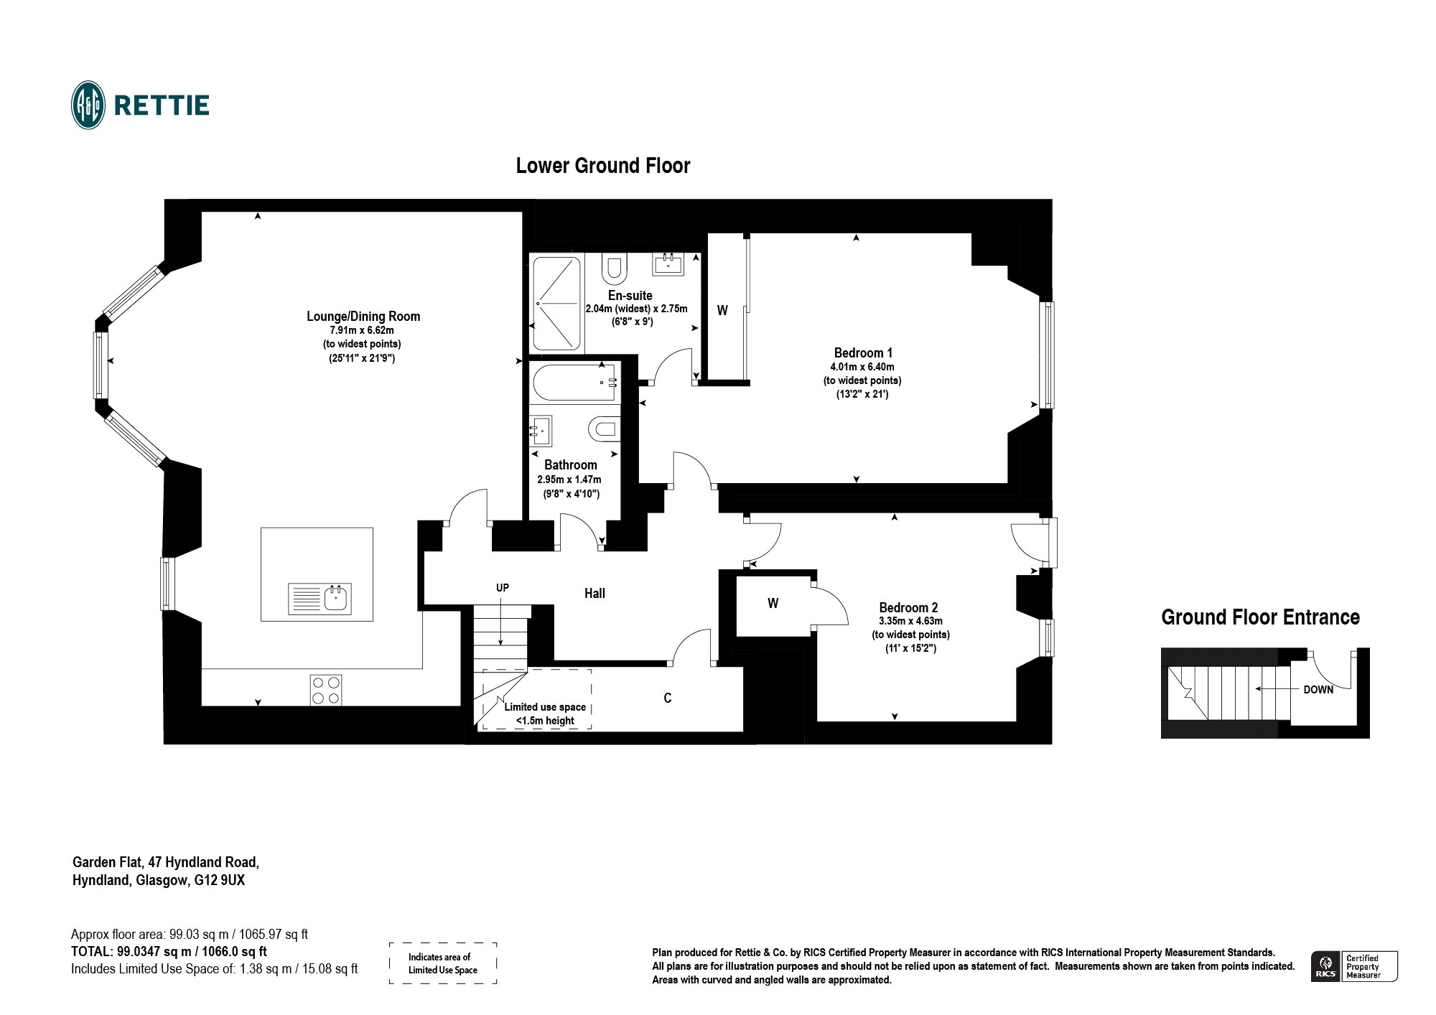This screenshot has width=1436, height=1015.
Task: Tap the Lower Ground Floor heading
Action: [603, 166]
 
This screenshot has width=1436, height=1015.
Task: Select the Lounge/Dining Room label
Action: [363, 316]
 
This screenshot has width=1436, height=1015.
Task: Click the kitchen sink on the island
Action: [320, 599]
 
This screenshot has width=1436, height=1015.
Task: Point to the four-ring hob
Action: [326, 690]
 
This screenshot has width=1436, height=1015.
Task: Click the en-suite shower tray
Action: [556, 304]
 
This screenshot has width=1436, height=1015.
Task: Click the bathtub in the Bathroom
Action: [574, 383]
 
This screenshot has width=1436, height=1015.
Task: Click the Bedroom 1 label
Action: [863, 352]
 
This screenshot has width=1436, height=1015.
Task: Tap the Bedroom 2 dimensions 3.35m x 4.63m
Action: [910, 621]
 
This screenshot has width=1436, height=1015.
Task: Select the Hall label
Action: [595, 593]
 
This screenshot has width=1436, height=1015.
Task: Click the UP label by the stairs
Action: [503, 588]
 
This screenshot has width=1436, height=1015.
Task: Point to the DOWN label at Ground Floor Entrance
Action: [1318, 690]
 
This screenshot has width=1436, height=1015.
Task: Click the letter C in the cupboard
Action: [668, 698]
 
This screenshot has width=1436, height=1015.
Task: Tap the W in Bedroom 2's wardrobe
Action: [773, 604]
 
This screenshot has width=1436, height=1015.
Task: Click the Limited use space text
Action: [545, 707]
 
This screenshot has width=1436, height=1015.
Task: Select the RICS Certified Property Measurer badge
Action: [1354, 966]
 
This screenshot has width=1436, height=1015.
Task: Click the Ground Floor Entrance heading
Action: [1260, 617]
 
